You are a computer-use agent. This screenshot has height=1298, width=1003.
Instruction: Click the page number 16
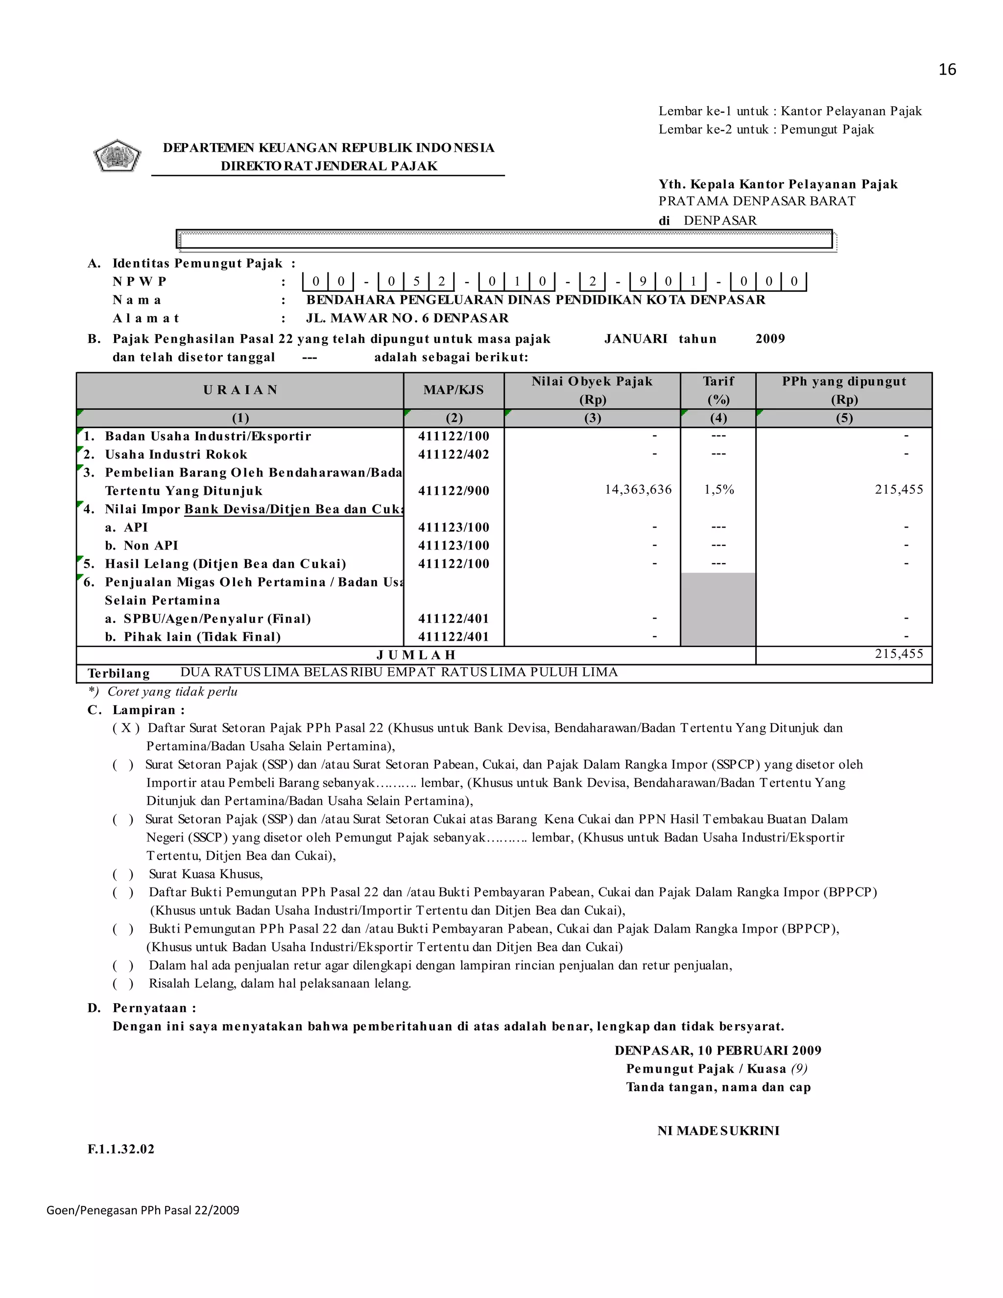tap(947, 70)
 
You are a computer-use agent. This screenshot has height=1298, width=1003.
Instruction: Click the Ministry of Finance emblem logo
tap(117, 156)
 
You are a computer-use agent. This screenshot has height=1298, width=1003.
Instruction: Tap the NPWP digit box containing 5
tap(417, 281)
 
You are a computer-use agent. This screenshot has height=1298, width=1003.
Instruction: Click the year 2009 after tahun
tap(770, 339)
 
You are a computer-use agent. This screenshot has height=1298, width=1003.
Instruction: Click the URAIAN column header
tap(240, 390)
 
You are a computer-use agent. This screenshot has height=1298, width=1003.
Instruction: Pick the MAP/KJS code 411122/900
tap(454, 491)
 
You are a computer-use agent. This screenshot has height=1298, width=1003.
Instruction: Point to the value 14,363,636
tap(638, 490)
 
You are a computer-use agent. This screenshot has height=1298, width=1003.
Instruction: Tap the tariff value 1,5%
tap(719, 490)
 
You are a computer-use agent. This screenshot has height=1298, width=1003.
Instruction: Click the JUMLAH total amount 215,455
tap(899, 654)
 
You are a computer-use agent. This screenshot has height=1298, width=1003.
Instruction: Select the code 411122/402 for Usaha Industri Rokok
tap(454, 455)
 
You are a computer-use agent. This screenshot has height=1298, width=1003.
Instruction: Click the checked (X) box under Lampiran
tap(126, 728)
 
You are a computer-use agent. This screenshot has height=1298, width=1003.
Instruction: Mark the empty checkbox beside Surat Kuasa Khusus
tap(123, 874)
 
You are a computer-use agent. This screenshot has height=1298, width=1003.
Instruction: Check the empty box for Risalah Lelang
tap(123, 984)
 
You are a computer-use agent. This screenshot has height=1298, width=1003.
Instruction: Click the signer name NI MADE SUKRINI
tap(718, 1131)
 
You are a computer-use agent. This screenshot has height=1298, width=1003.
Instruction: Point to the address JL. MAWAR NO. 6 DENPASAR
tap(407, 318)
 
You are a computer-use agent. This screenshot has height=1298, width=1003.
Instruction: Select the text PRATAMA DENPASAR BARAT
tap(757, 201)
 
